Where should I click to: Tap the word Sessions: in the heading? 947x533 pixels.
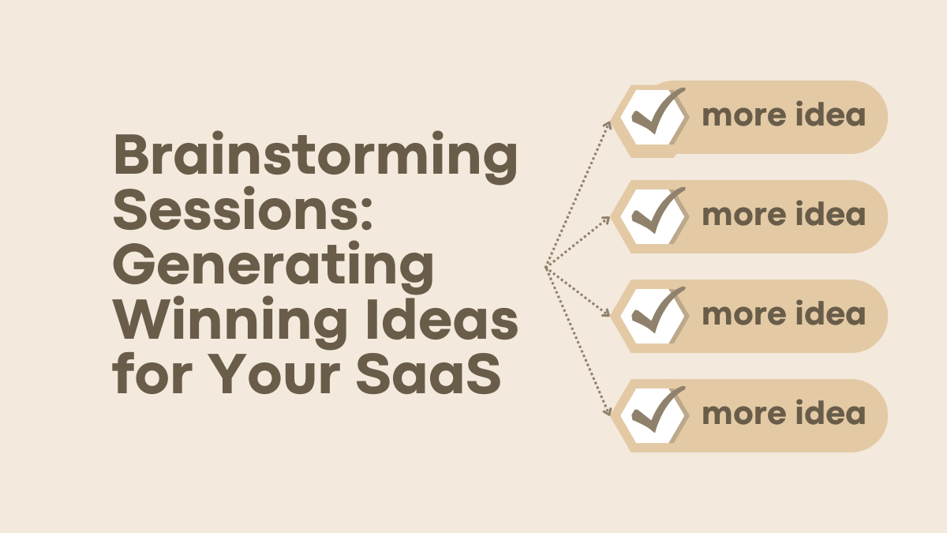[x=241, y=209]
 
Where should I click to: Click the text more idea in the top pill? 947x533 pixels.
[x=784, y=116]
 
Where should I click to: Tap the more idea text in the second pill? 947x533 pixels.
[x=784, y=216]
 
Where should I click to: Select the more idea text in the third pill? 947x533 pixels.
[x=784, y=315]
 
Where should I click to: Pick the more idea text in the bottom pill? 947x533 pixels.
[x=784, y=415]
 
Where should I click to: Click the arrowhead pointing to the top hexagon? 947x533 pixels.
[x=608, y=123]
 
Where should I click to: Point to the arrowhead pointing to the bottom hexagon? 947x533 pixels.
[x=607, y=411]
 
